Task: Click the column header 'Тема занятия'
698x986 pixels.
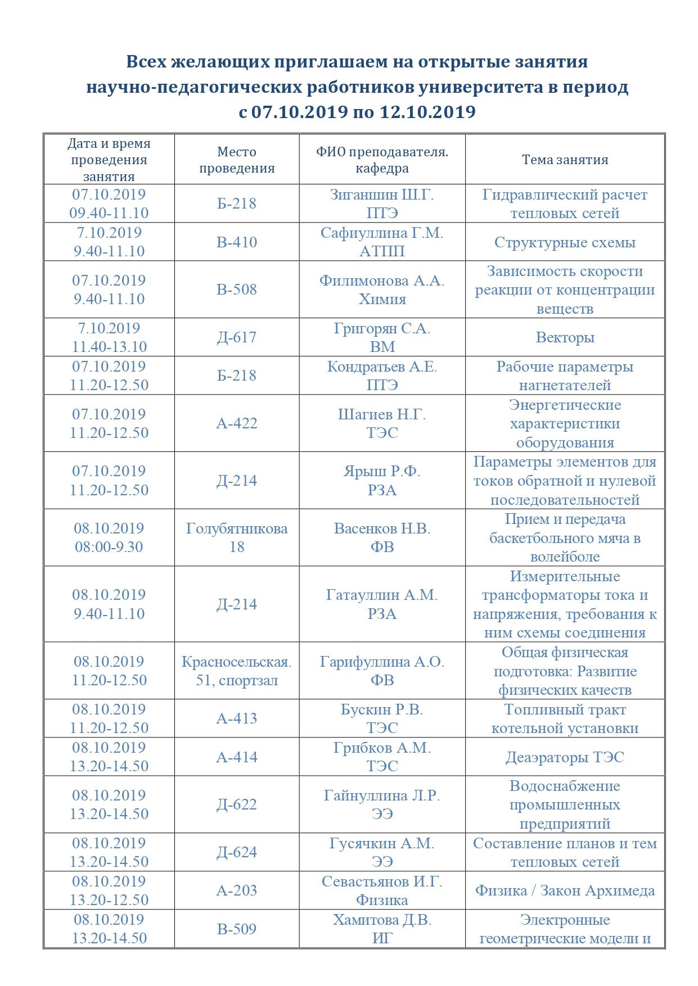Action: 565,160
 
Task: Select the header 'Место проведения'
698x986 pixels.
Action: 237,160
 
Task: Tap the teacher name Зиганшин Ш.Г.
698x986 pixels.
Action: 382,195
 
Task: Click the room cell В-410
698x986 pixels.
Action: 237,242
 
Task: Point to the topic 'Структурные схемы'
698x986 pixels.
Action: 565,242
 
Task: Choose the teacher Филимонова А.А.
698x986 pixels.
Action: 382,281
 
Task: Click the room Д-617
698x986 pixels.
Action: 237,337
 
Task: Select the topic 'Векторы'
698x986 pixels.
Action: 565,337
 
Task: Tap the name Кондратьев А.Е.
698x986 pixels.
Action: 382,367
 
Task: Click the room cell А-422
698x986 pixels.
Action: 237,423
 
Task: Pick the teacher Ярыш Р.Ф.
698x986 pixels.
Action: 382,471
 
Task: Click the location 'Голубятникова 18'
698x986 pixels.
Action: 237,537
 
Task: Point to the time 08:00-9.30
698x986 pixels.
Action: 109,547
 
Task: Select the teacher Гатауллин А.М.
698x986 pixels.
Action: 382,595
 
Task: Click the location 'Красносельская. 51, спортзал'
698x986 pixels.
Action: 237,671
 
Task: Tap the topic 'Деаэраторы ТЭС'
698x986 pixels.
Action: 565,757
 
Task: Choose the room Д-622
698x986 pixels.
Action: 237,804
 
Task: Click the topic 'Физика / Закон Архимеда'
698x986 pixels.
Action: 565,890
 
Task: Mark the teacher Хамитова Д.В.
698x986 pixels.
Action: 382,920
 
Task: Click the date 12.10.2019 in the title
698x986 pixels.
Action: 428,112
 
